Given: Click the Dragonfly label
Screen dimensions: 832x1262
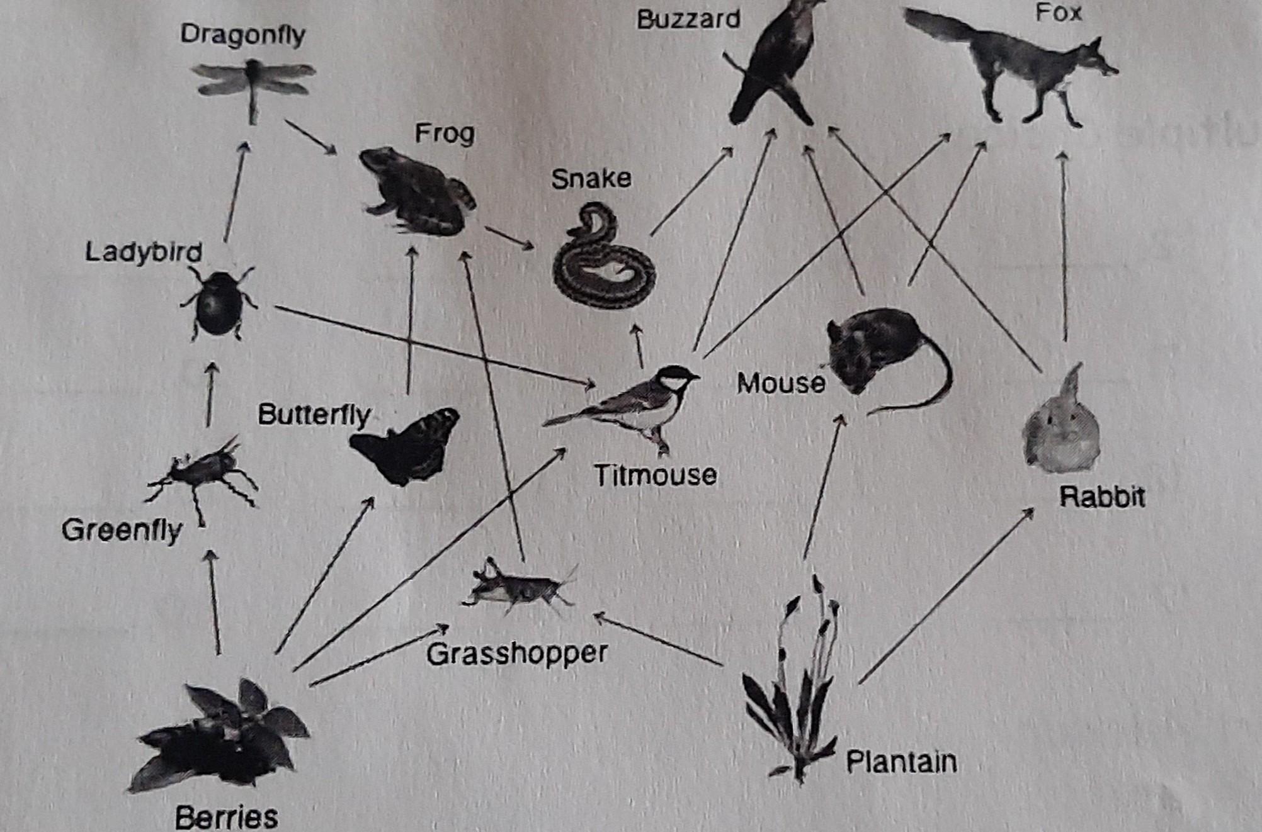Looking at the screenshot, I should [x=242, y=34].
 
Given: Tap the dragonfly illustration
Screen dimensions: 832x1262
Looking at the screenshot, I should [x=254, y=85].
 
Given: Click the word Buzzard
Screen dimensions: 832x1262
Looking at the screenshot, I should [x=688, y=20].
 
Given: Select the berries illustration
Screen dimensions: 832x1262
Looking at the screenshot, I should [x=220, y=736].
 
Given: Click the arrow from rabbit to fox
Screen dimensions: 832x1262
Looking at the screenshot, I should [x=1064, y=245].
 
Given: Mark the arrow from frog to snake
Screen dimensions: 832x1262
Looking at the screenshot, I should [x=509, y=237].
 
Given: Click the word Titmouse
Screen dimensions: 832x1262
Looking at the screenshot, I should [x=655, y=476].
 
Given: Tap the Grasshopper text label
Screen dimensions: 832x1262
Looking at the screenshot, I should [x=517, y=653].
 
